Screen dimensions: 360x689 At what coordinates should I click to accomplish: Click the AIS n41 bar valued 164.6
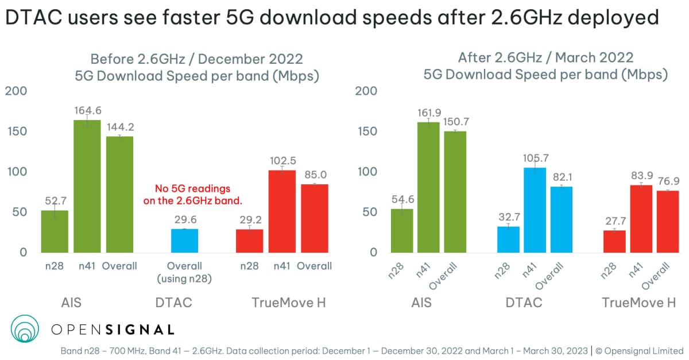(x=87, y=186)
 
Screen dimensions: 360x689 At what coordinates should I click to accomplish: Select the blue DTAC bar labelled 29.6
(x=184, y=241)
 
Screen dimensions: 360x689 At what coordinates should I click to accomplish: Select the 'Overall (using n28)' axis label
(x=184, y=272)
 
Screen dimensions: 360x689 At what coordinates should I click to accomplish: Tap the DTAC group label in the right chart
(x=523, y=303)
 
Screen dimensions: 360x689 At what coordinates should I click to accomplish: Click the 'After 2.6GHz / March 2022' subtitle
(x=545, y=58)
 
